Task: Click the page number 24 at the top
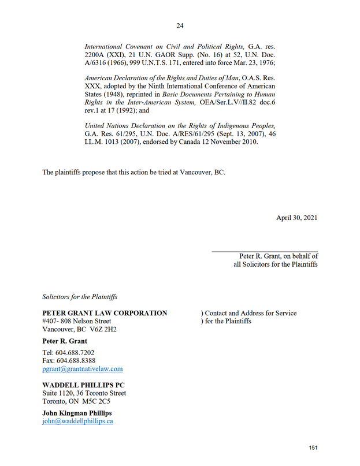coord(180,26)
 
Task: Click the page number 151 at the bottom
coord(313,448)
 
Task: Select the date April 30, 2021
coord(296,218)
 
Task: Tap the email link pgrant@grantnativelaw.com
coord(83,368)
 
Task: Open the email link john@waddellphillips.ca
coord(77,421)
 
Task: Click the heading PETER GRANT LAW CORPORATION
coord(105,313)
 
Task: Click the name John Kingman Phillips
coord(77,413)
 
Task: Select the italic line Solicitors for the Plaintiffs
coord(80,297)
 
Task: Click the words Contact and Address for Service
coord(251,313)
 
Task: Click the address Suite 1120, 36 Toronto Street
coord(84,393)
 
